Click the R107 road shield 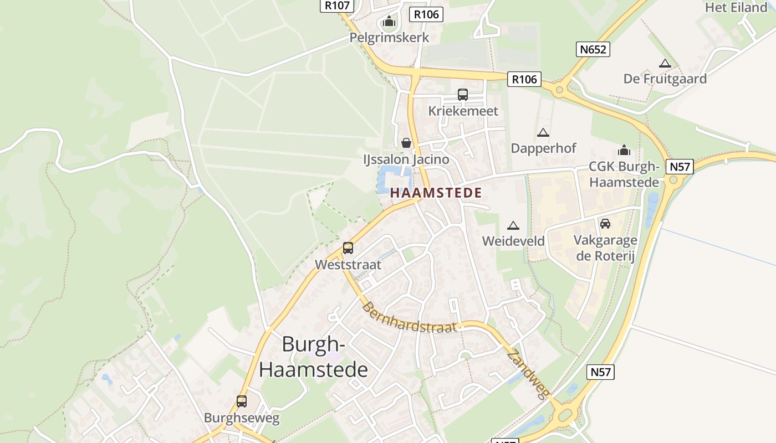(x=336, y=6)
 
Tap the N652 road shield (x=593, y=49)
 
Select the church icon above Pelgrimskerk (x=389, y=22)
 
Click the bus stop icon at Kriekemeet (x=463, y=95)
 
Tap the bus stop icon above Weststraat (x=348, y=248)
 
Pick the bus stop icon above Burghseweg (x=242, y=401)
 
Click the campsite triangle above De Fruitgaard (x=665, y=63)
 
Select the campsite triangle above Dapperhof (x=543, y=132)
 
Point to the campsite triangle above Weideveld (x=513, y=225)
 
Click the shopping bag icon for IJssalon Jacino (x=406, y=143)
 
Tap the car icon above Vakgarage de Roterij (x=605, y=224)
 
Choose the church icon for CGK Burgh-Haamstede (x=624, y=151)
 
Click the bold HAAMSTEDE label (x=436, y=193)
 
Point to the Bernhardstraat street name (x=410, y=317)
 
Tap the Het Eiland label (x=736, y=8)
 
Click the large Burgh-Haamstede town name (x=313, y=357)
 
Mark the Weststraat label (x=348, y=265)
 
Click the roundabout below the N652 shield (x=559, y=89)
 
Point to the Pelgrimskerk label (x=389, y=38)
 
